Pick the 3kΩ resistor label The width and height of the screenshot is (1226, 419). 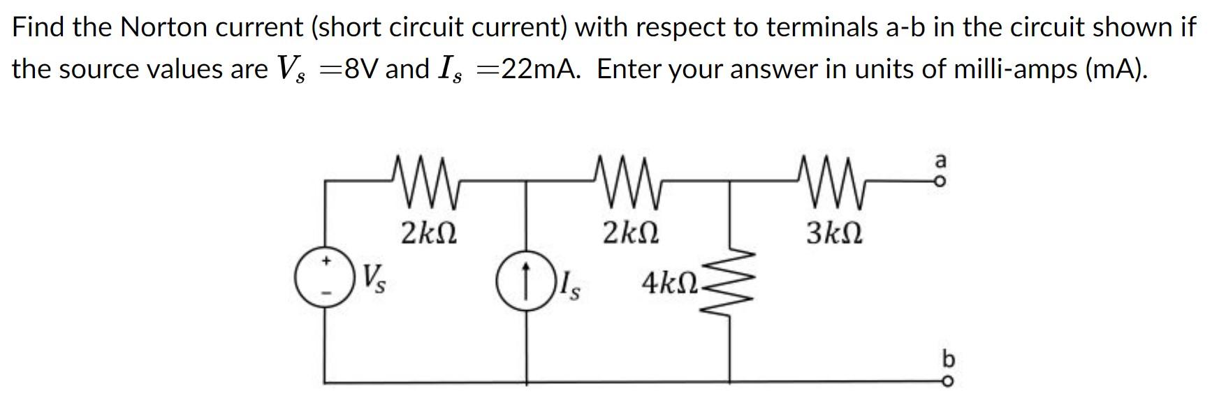[x=834, y=233]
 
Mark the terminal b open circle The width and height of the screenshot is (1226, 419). [x=947, y=382]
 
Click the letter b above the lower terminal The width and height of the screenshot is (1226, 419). [x=947, y=359]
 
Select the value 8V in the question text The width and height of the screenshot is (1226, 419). [x=363, y=68]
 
